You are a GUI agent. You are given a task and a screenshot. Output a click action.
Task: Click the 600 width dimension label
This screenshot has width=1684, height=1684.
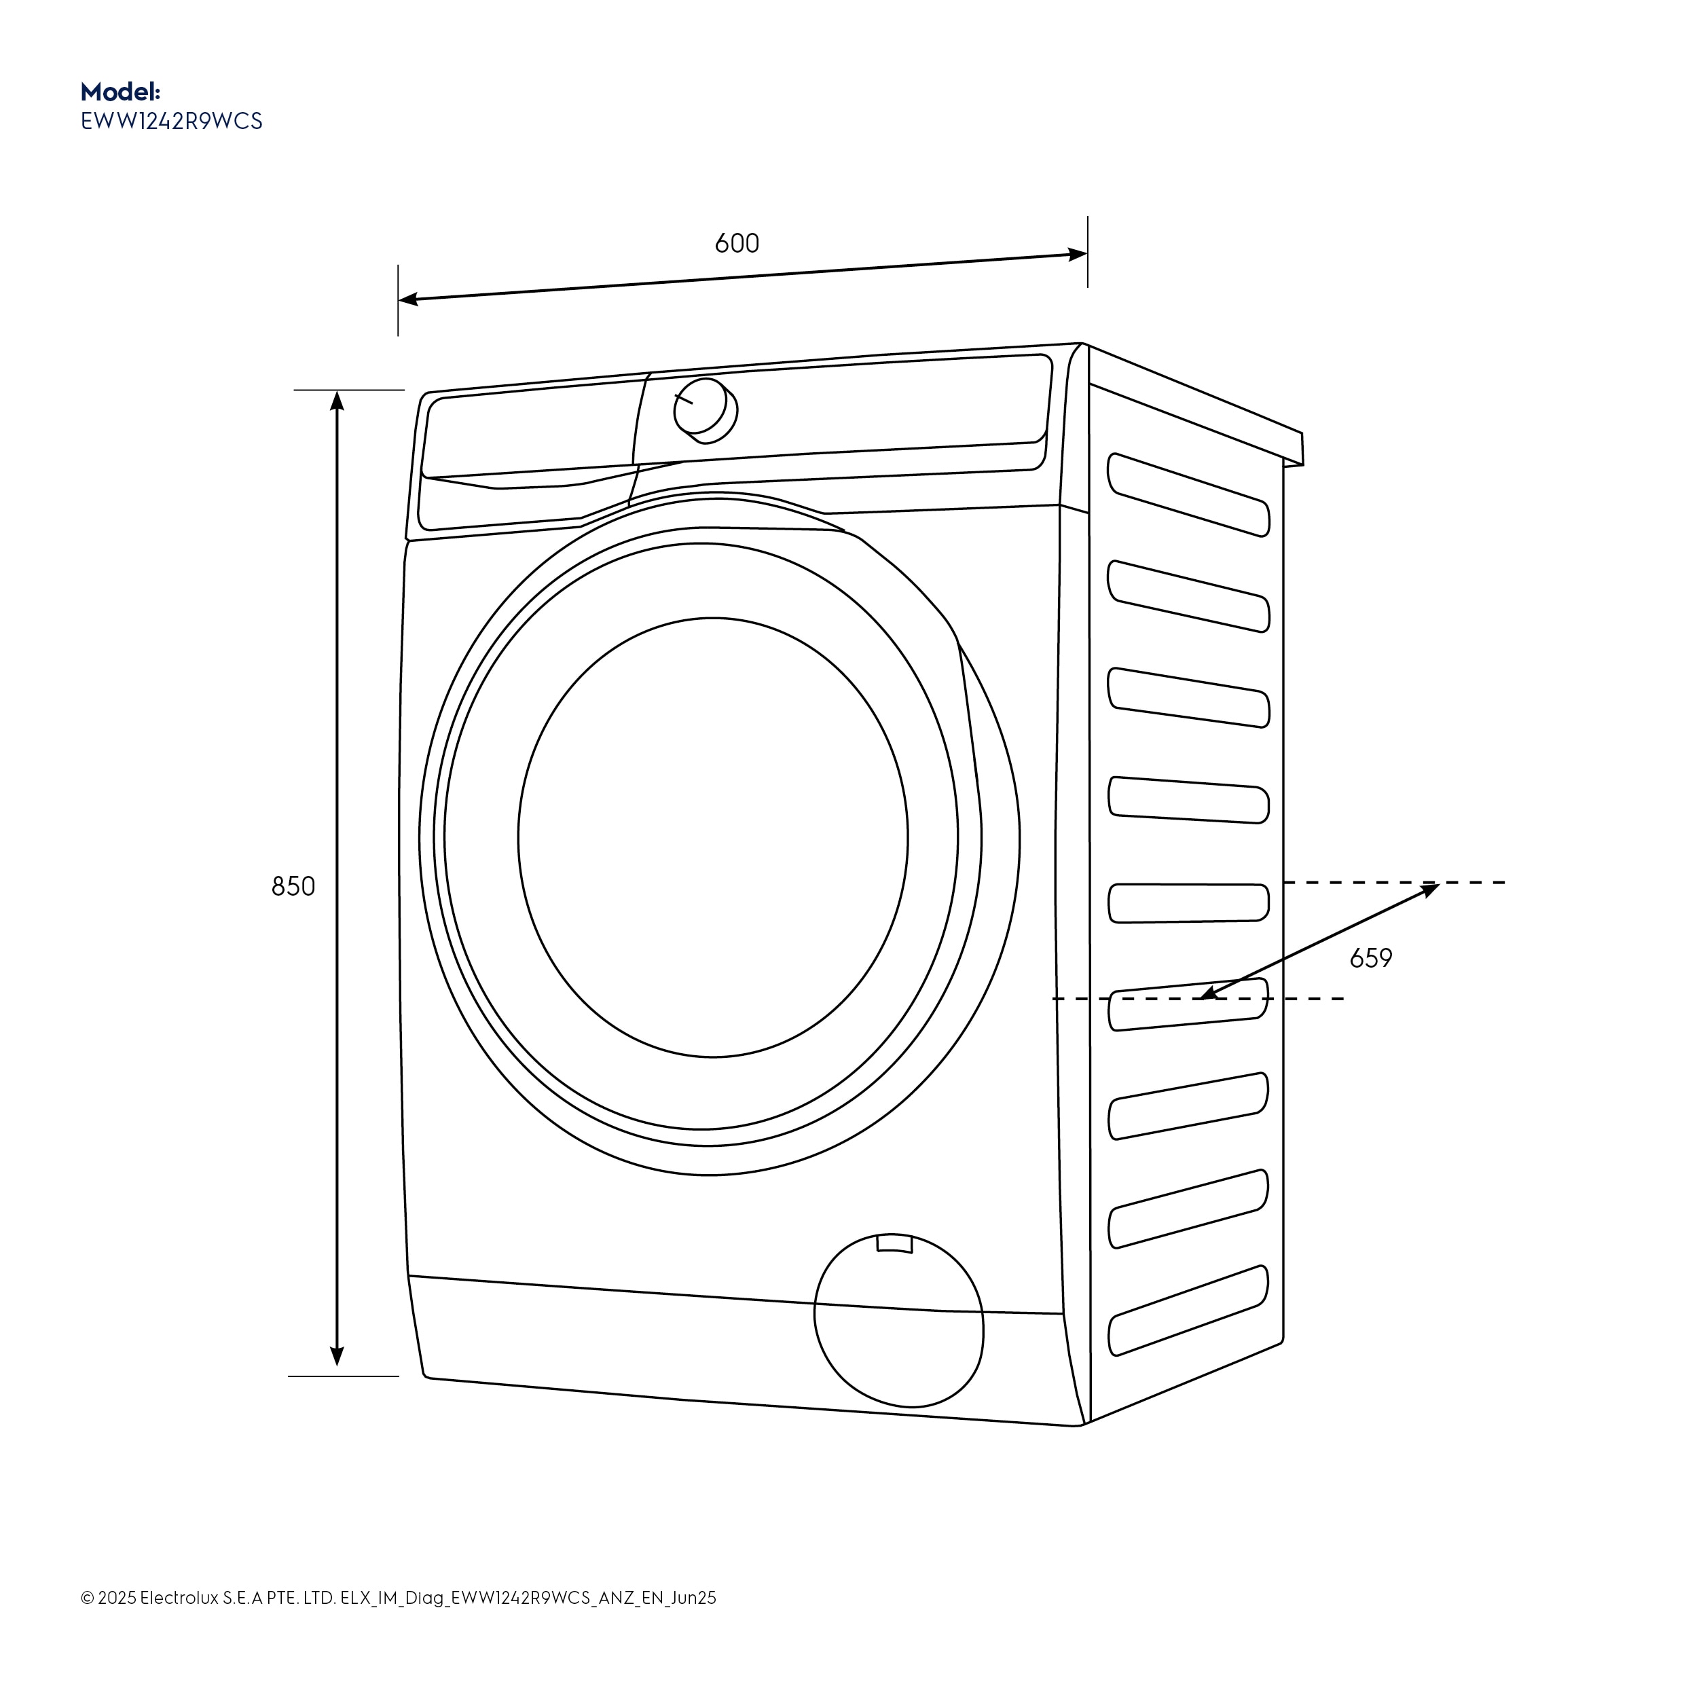tap(737, 243)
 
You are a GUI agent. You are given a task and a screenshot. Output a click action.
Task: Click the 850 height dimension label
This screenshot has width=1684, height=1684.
tap(293, 886)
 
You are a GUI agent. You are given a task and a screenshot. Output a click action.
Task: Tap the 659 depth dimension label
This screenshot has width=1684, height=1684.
tap(1370, 959)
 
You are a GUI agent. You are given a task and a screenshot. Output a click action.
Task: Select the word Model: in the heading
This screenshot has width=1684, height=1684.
tap(120, 92)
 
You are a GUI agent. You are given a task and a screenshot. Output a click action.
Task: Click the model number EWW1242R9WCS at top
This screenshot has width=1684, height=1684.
tap(172, 121)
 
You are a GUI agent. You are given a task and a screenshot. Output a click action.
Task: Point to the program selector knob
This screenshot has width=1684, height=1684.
tap(703, 408)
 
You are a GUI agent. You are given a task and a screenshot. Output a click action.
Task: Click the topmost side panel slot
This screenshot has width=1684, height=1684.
tap(1188, 494)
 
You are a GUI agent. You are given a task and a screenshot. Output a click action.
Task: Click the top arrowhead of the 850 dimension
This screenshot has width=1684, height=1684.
tap(337, 400)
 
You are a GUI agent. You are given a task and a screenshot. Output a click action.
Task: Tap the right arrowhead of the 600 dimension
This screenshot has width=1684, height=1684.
tap(1078, 255)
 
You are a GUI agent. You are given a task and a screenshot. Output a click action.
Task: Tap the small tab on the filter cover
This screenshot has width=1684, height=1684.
tap(894, 1244)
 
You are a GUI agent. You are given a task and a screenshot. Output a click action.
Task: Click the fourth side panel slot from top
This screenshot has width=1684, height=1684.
tap(1188, 799)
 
